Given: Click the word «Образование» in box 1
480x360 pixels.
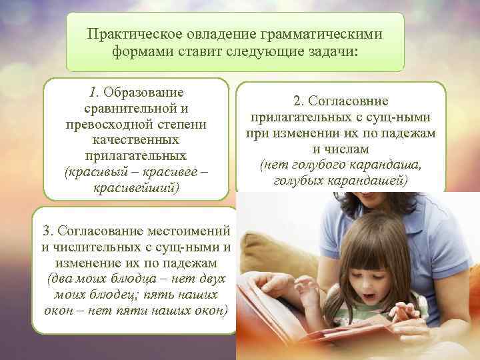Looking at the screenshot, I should coord(144,91).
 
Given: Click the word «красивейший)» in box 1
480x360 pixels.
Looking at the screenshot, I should coord(137,189).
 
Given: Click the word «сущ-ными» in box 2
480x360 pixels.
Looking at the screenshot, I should coord(403,117).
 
